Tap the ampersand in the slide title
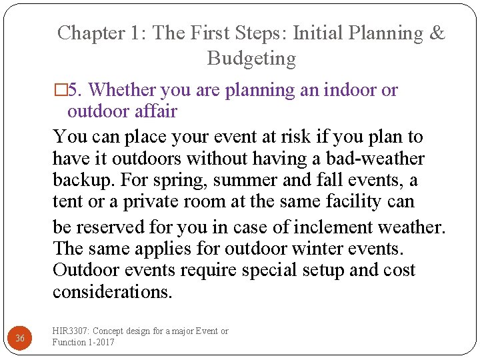(437, 33)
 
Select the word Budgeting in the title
(251, 59)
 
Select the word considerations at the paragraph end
(112, 292)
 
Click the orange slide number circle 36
(21, 338)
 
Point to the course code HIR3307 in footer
(70, 331)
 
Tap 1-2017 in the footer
(100, 342)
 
